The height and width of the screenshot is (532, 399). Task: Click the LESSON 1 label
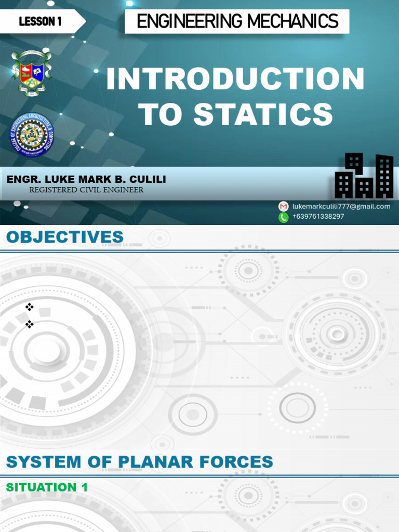pyautogui.click(x=40, y=21)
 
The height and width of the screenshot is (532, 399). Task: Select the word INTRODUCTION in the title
pyautogui.click(x=235, y=79)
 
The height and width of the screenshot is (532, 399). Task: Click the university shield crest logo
pyautogui.click(x=31, y=72)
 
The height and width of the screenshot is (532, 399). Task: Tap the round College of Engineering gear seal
pyautogui.click(x=32, y=134)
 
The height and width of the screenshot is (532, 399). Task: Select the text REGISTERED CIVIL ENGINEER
pyautogui.click(x=86, y=190)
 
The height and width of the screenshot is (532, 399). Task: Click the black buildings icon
pyautogui.click(x=364, y=177)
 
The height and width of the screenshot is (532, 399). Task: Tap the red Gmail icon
pyautogui.click(x=283, y=206)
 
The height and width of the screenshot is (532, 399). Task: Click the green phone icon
pyautogui.click(x=283, y=217)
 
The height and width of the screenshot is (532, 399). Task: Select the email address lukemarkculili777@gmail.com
pyautogui.click(x=341, y=206)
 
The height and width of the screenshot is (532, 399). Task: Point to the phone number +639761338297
pyautogui.click(x=318, y=217)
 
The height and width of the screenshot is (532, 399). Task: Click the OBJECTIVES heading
pyautogui.click(x=65, y=237)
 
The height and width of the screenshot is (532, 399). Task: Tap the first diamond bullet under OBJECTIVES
pyautogui.click(x=29, y=307)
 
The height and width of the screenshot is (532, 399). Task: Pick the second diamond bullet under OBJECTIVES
pyautogui.click(x=29, y=324)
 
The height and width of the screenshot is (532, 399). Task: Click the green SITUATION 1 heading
pyautogui.click(x=47, y=487)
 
